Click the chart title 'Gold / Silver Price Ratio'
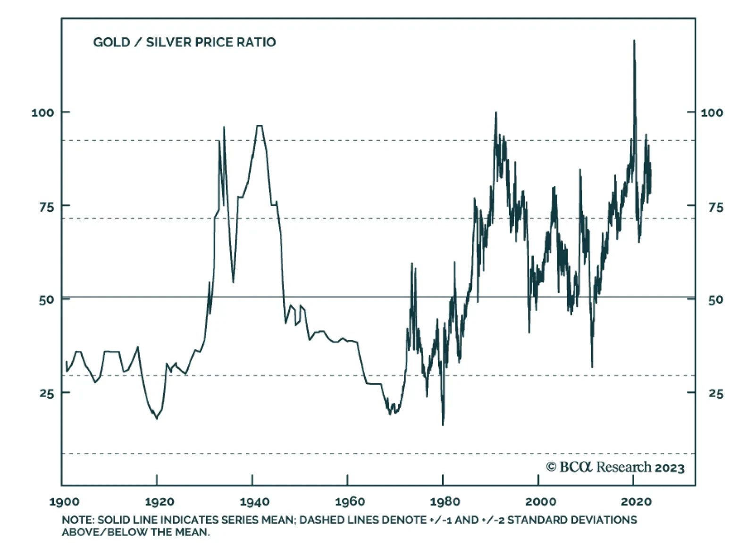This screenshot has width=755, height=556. pos(185,42)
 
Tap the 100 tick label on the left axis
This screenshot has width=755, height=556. pos(42,113)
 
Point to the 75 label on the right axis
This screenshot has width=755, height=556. pos(715,207)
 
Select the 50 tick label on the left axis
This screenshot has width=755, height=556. pos(46,300)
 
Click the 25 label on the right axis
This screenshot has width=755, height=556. pos(715,393)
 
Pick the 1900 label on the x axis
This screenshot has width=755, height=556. pos(65,501)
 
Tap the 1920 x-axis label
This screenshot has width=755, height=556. pos(159,501)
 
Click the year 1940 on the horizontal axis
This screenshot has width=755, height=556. pos(255,501)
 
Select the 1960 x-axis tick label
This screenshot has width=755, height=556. pos(350,501)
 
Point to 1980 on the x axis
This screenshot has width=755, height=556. pos(445,501)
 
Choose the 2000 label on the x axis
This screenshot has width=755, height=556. pos(540,501)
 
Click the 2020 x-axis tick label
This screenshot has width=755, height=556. pos(636,501)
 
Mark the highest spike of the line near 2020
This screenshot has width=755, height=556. pos(634,41)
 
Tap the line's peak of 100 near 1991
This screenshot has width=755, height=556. pos(495,112)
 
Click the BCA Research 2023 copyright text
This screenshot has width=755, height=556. pos(615,467)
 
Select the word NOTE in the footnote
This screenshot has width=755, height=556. pos(77,520)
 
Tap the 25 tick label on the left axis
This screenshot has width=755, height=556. pos(46,393)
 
